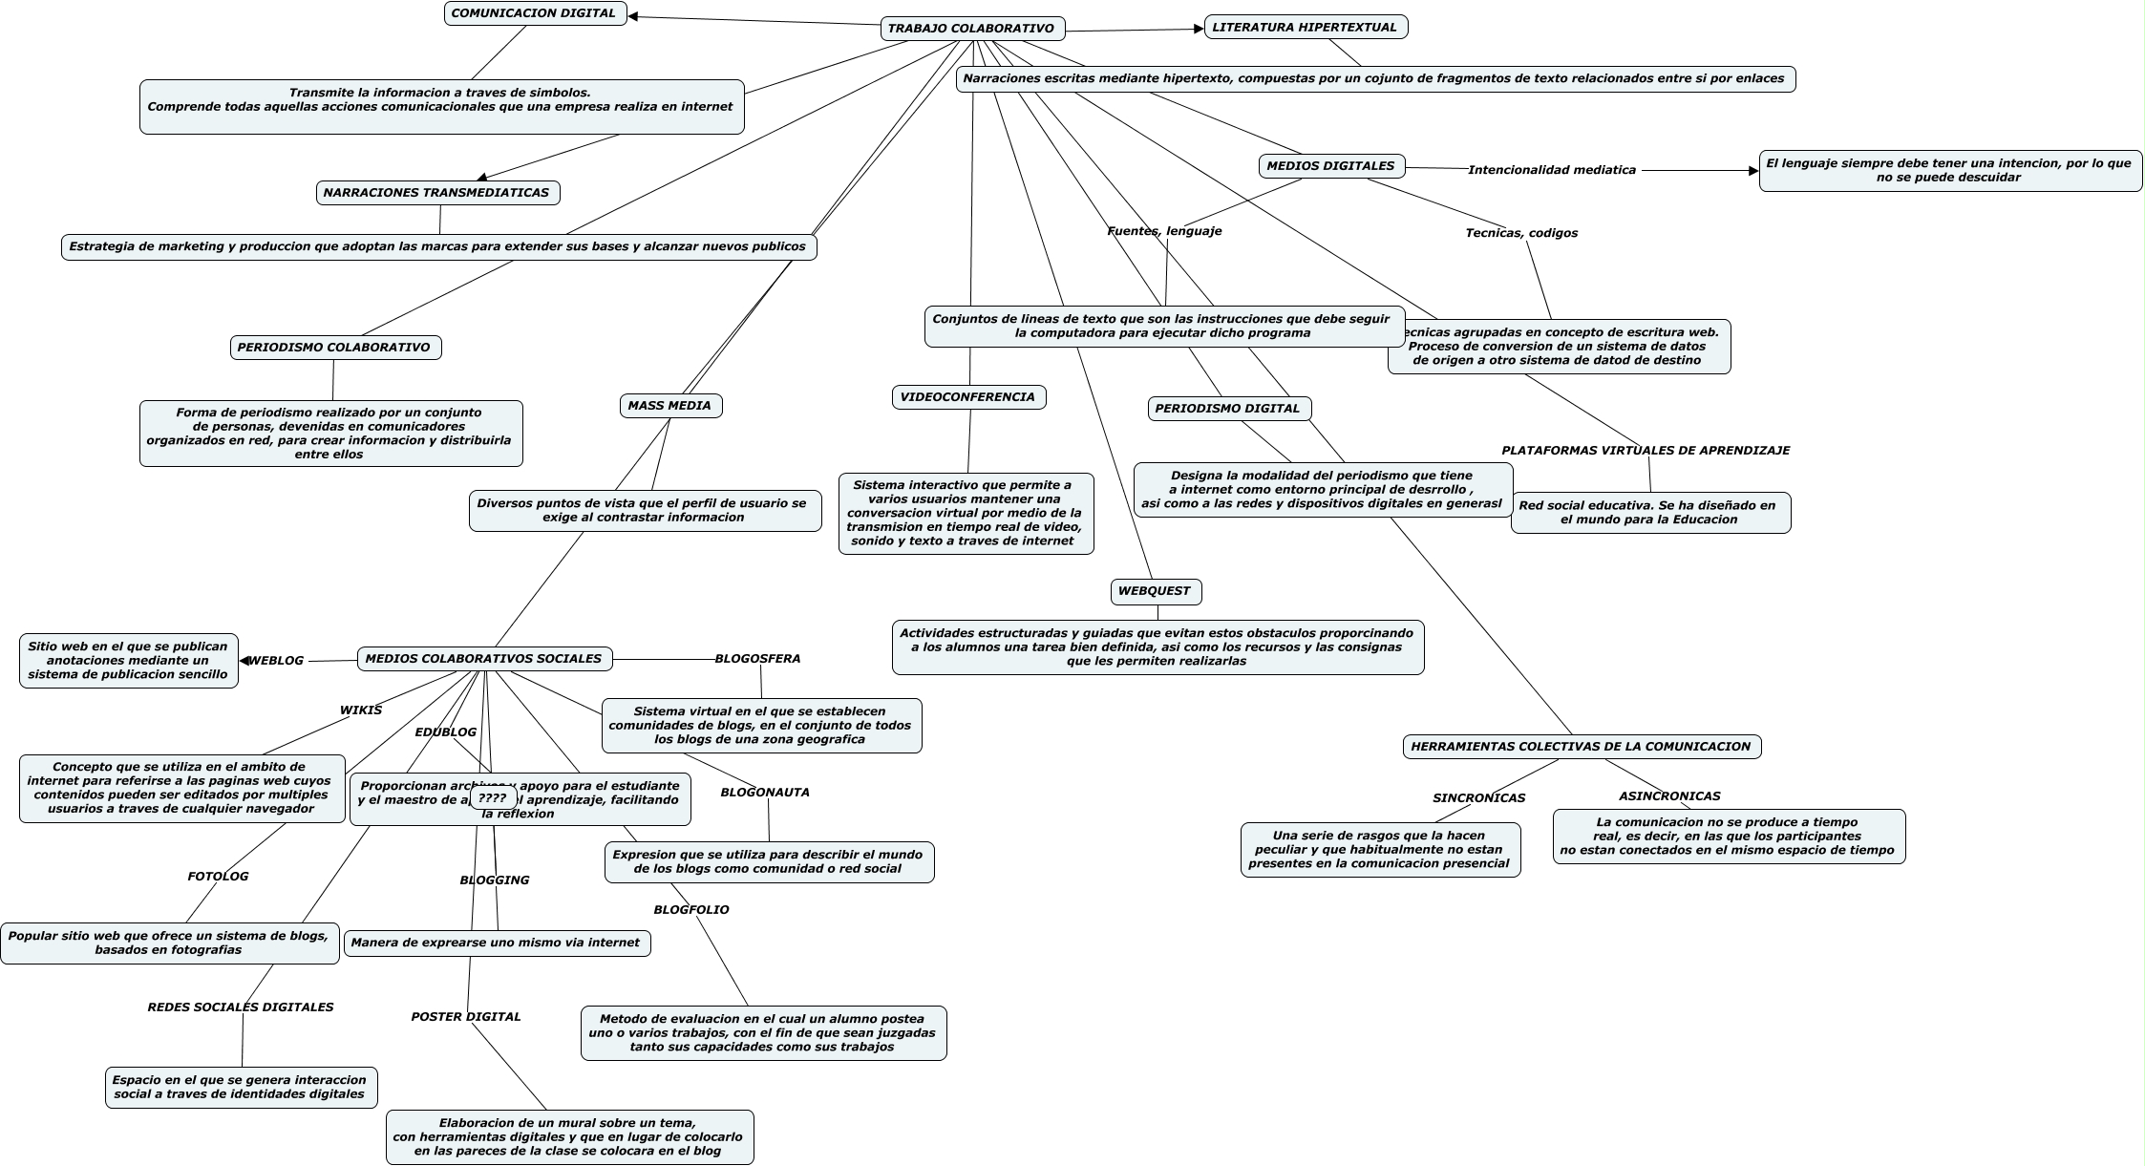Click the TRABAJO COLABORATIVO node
[x=971, y=29]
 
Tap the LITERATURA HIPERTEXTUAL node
[x=1305, y=27]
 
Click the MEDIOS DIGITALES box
[x=1330, y=166]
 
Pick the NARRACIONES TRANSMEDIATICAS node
[x=436, y=193]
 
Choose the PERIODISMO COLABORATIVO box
[x=334, y=348]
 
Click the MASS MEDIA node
[x=669, y=406]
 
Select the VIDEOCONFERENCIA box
[x=967, y=397]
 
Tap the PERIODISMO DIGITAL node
[x=1227, y=409]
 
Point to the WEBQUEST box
[x=1155, y=591]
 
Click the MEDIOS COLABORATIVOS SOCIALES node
[x=484, y=659]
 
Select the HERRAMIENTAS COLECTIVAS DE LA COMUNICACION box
[x=1581, y=747]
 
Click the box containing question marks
[x=493, y=798]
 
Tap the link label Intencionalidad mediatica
[x=1551, y=170]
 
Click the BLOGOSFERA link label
[x=757, y=659]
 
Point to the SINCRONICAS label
[x=1478, y=798]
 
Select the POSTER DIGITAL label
[x=466, y=1017]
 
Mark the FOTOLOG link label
[x=218, y=877]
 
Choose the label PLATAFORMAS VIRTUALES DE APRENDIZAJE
[x=1646, y=451]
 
